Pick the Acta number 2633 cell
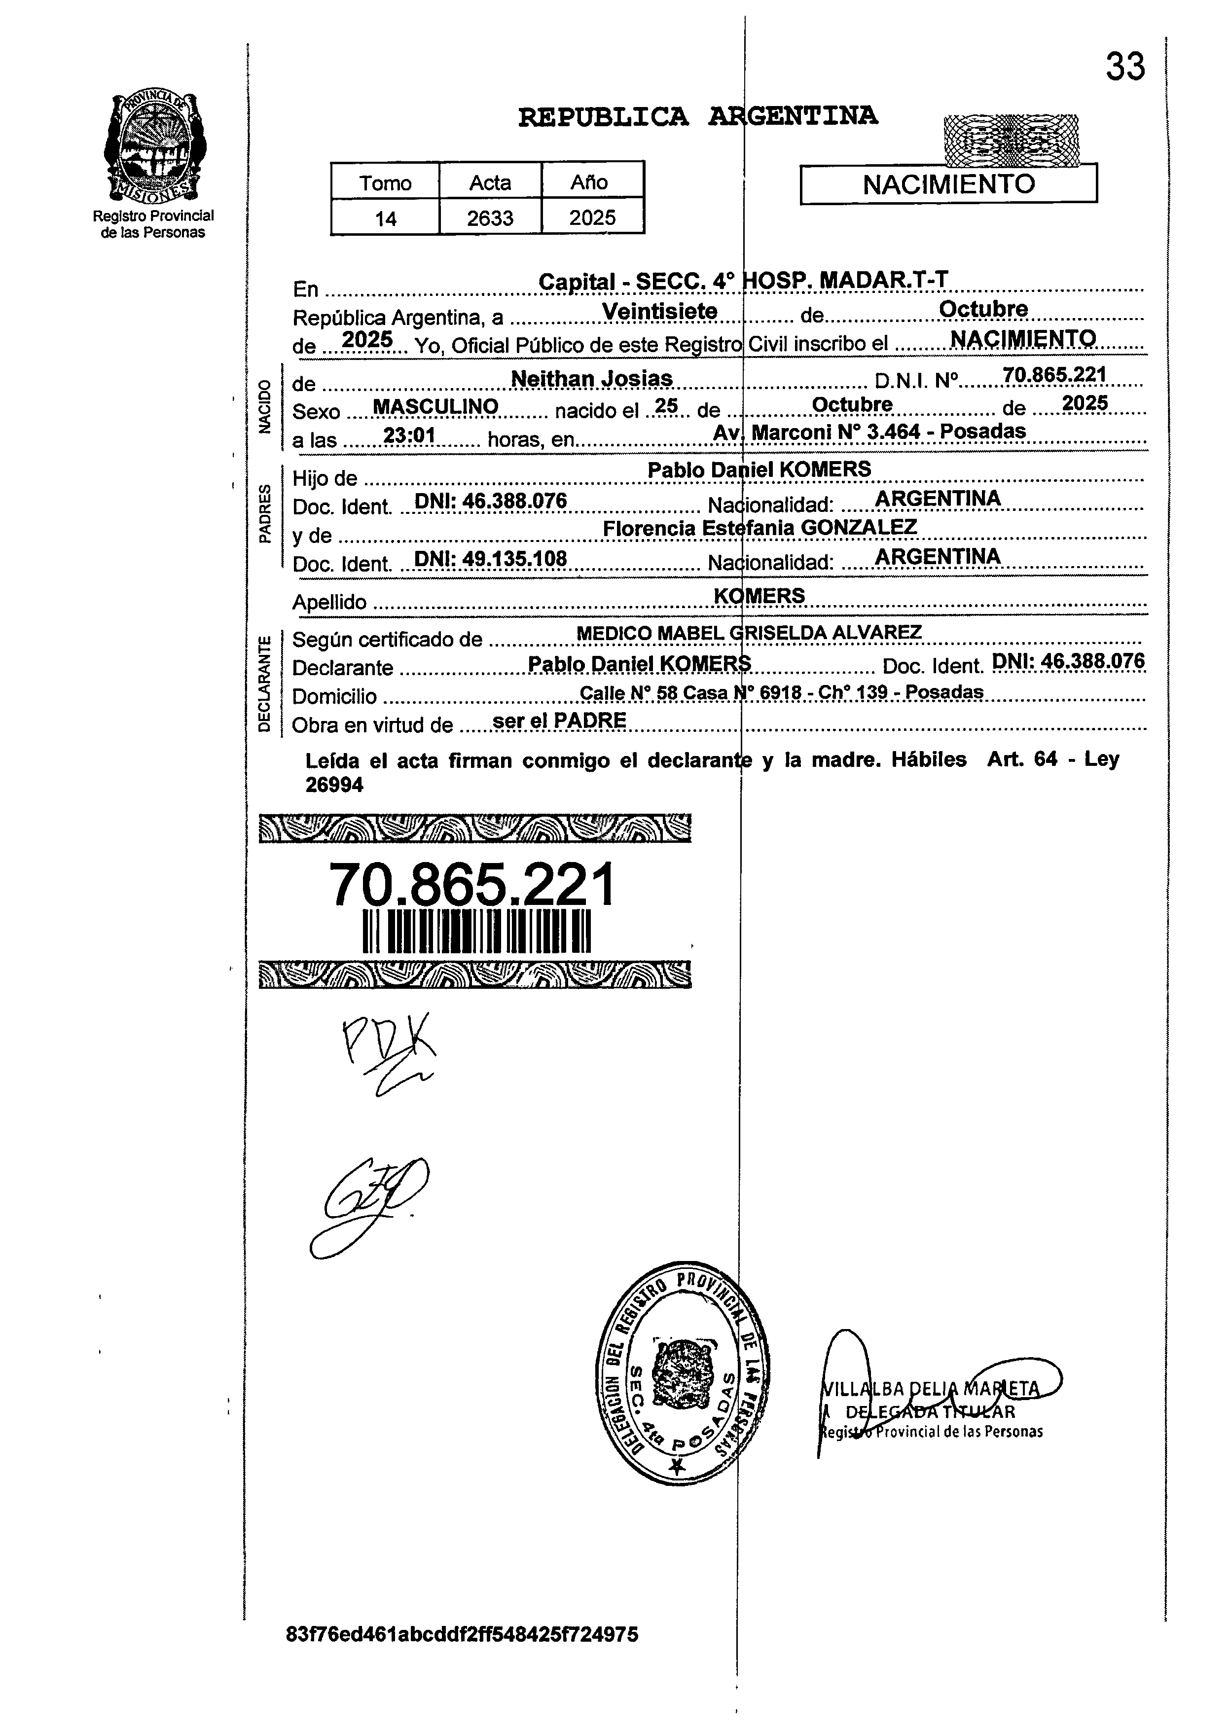490,218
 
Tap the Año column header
589,182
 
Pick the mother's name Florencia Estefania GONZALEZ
760,527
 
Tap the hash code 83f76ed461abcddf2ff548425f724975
462,1656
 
